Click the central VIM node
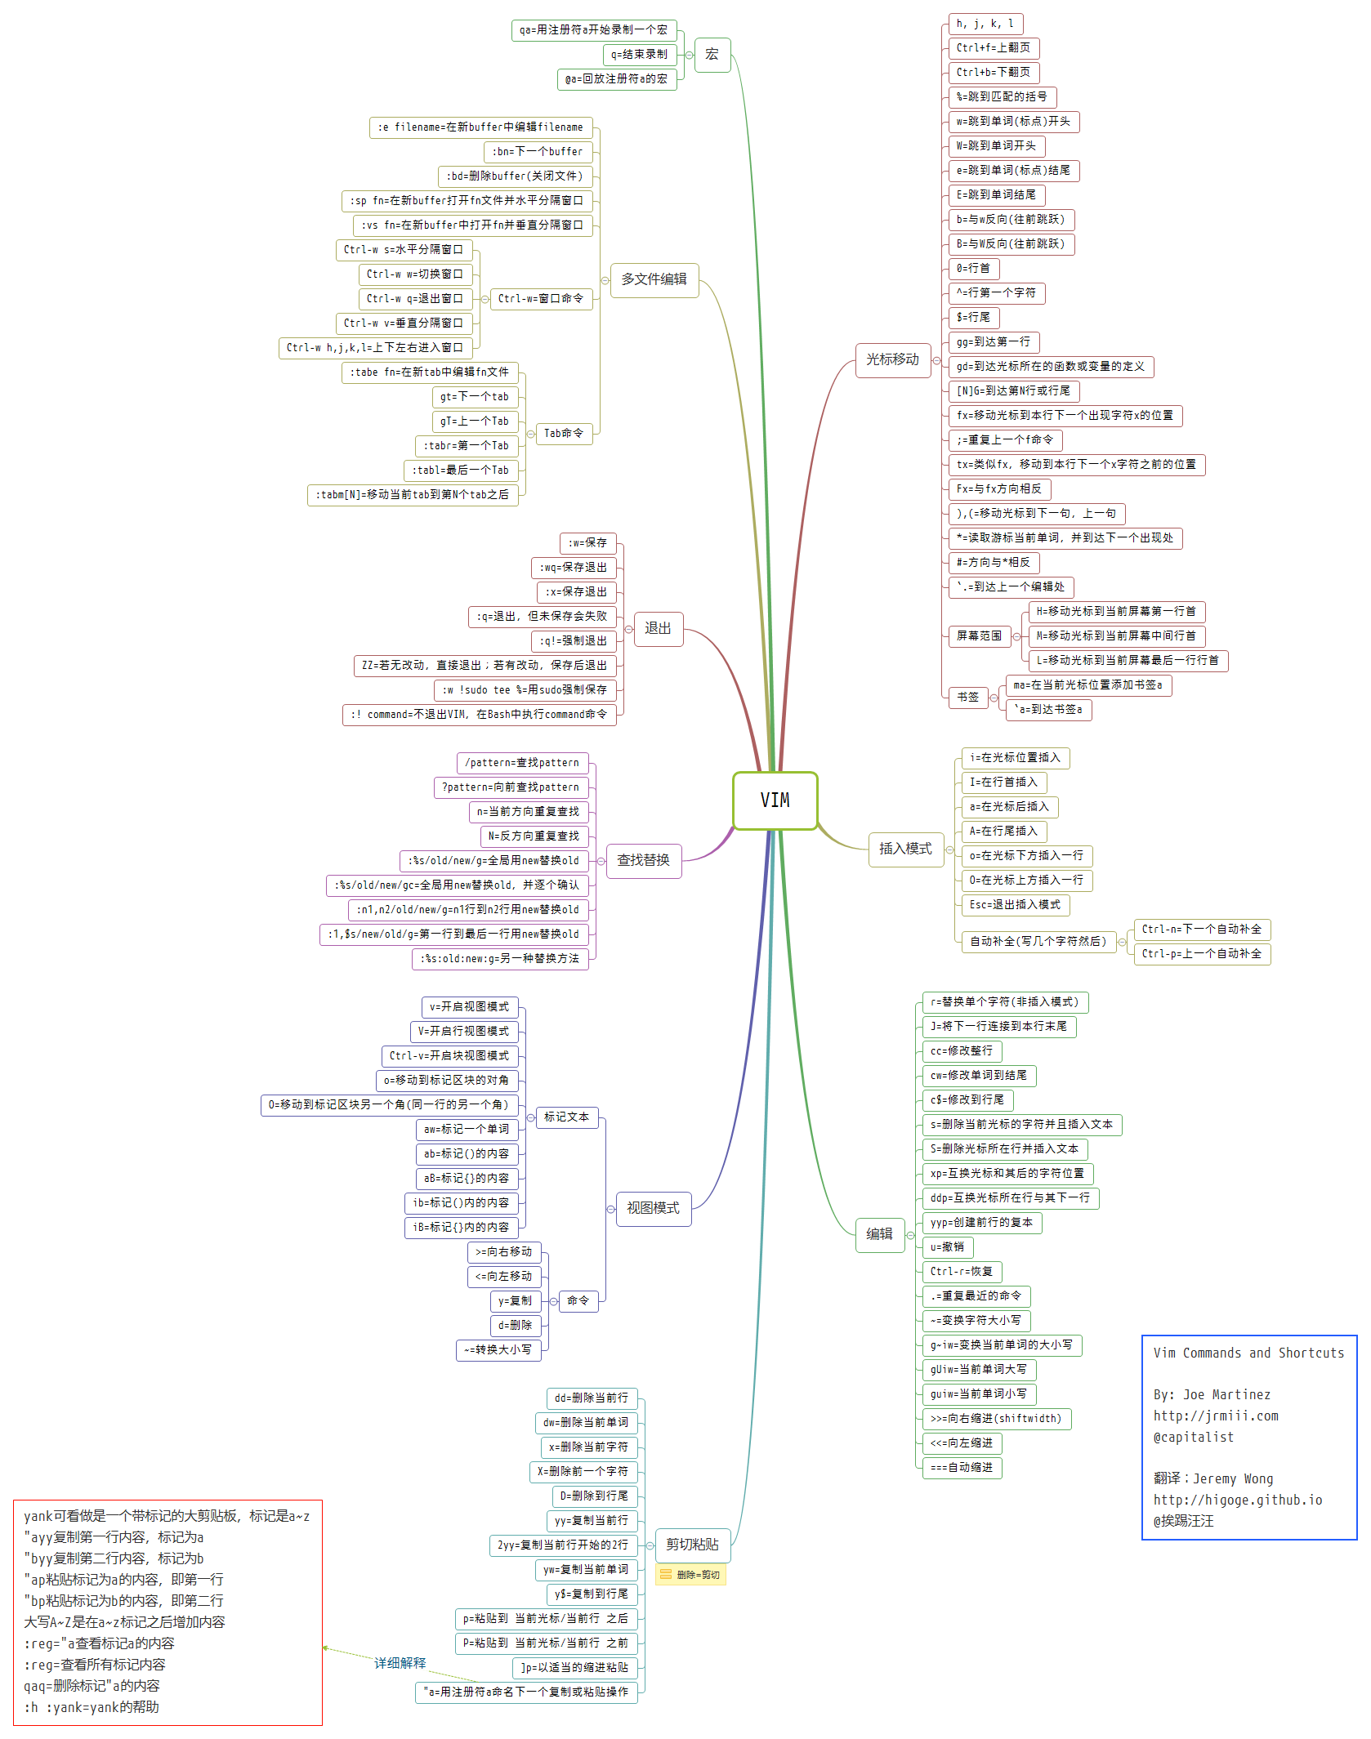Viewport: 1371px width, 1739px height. pos(775,800)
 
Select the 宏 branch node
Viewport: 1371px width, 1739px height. pos(712,55)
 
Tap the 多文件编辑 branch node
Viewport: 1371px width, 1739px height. pos(654,280)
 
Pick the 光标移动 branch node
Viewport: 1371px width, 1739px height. pos(892,360)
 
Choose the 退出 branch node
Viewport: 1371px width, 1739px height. pos(658,629)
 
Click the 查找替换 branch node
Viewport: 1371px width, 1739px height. pos(643,861)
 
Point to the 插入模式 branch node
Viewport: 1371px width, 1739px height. pos(904,849)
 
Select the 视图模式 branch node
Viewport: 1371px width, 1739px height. pos(652,1208)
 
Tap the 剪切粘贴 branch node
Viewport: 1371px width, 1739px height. pos(692,1545)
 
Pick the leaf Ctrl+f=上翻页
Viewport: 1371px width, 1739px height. pos(993,48)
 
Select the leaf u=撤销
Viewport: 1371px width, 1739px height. pos(947,1247)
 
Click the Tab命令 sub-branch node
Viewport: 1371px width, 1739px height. pos(564,434)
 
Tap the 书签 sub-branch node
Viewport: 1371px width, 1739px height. pos(967,698)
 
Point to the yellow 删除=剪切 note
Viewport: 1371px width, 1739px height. pos(690,1575)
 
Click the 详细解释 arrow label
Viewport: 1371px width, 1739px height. pos(400,1663)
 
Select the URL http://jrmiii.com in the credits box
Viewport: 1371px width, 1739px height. pos(1215,1416)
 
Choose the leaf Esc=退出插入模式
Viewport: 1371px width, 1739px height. pos(1014,905)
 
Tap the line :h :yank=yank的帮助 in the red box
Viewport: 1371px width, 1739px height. pos(92,1707)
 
